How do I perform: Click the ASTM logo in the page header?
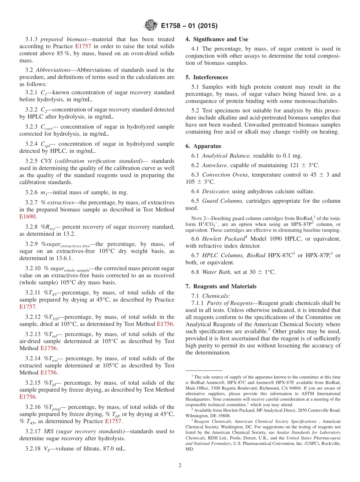point(151,26)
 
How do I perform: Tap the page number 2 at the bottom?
point(180,465)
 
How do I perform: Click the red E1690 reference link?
point(27,217)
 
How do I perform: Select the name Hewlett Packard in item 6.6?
point(223,239)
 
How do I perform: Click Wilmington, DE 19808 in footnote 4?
point(207,415)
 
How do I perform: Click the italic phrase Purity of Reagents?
point(230,303)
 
